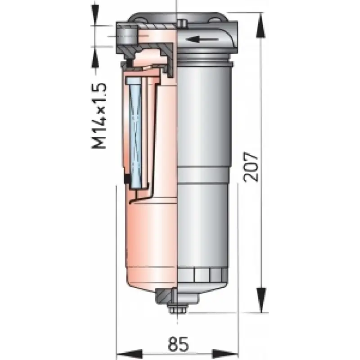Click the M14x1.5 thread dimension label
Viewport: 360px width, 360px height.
tap(99, 116)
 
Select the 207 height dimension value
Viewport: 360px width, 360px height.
tap(251, 167)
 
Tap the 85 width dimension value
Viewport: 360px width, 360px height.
tap(178, 344)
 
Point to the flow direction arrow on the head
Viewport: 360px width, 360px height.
tap(202, 40)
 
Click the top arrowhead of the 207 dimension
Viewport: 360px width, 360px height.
tap(261, 25)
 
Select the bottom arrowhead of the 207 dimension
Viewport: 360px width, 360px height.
tap(261, 300)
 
